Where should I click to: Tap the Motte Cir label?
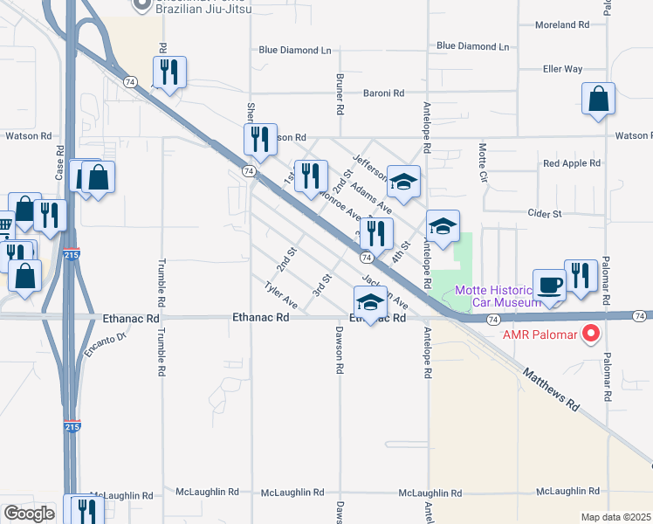481,163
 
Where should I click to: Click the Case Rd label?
60,162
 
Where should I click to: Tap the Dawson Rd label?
339,350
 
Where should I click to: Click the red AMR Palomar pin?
591,333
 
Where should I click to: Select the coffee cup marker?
548,285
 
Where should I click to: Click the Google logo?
30,513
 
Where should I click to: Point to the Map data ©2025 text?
615,517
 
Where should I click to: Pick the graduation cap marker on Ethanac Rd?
370,303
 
